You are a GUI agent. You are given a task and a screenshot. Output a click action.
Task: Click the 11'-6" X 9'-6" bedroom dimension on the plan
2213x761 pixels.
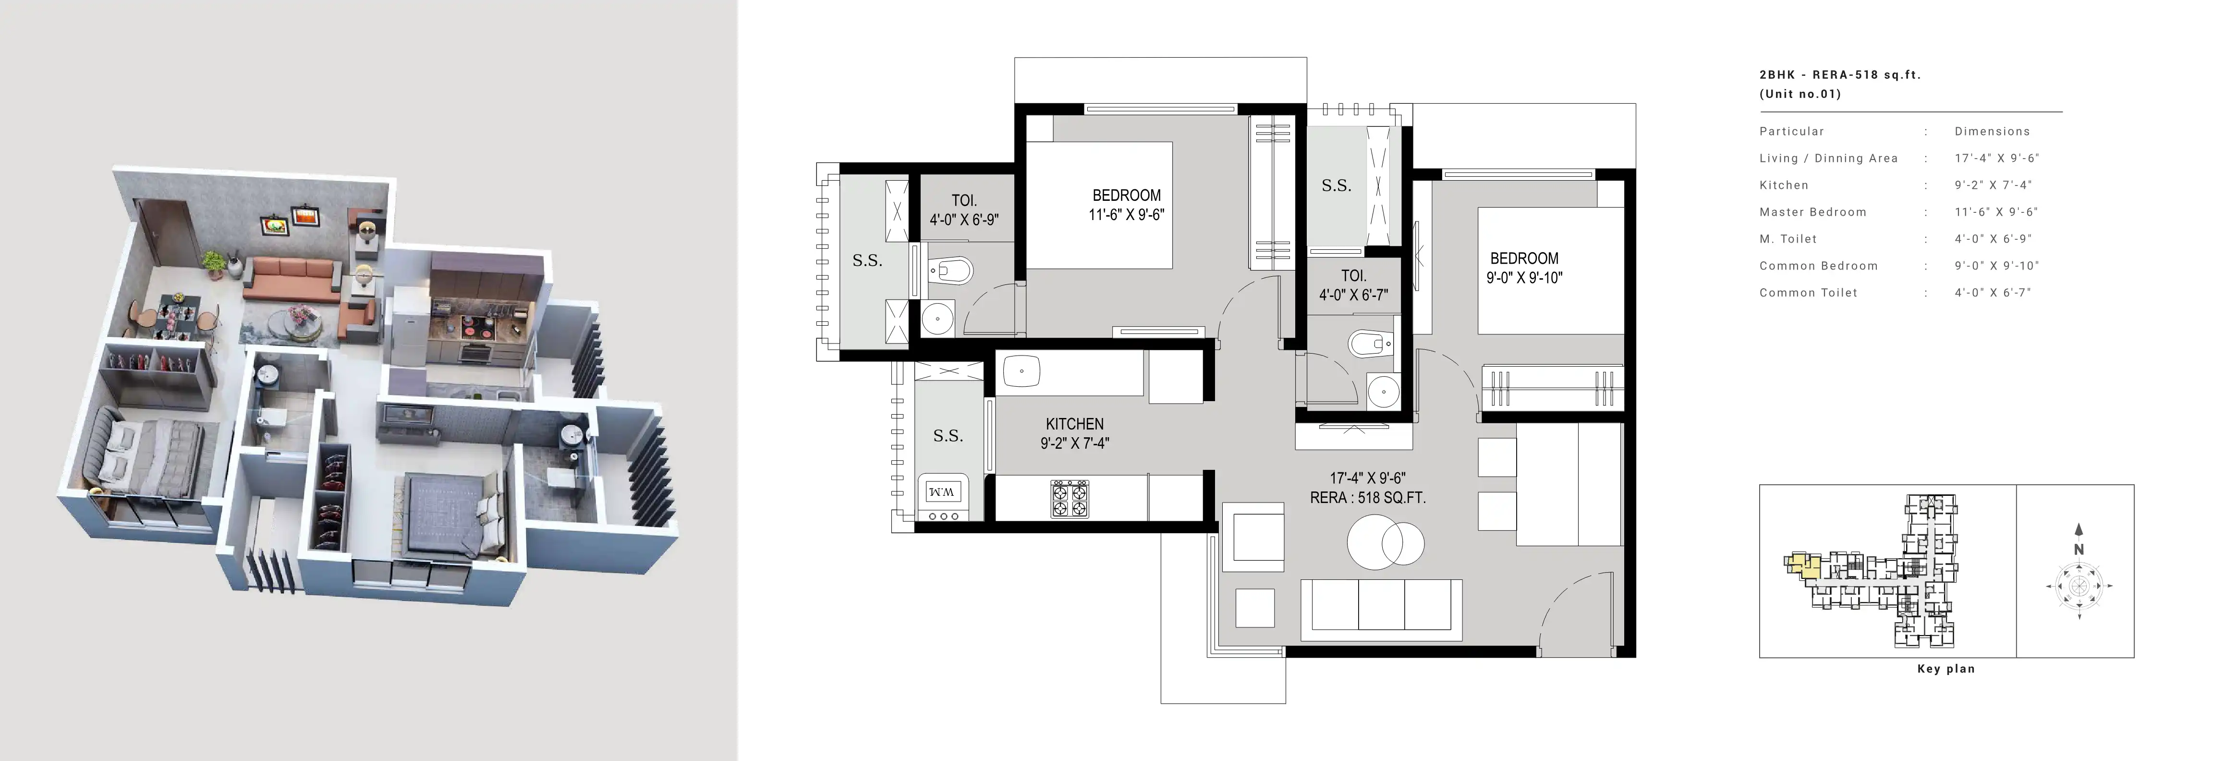click(1126, 215)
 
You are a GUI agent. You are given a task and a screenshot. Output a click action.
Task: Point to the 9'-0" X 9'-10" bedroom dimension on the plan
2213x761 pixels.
click(1525, 277)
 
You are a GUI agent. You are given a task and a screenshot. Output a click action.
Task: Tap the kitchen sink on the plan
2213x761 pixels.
click(1021, 372)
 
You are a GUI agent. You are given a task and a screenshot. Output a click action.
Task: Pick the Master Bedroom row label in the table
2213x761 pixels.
click(1812, 212)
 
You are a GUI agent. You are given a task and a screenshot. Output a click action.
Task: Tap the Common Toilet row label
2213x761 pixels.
click(1808, 293)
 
